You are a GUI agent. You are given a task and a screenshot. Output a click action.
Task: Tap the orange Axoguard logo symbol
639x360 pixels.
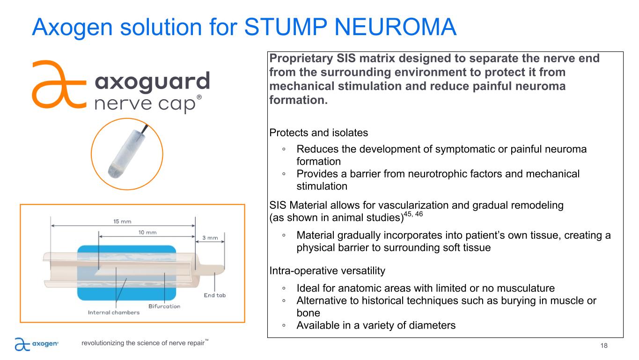pyautogui.click(x=58, y=85)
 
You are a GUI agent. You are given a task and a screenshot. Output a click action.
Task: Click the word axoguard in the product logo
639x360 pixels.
pyautogui.click(x=152, y=83)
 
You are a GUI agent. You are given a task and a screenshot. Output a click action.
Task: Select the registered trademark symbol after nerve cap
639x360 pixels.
pyautogui.click(x=199, y=97)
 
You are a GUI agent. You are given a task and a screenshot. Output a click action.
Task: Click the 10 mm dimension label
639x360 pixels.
pyautogui.click(x=147, y=232)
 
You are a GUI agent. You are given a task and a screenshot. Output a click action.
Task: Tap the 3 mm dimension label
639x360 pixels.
pyautogui.click(x=210, y=238)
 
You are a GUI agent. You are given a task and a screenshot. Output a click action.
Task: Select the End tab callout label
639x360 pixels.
pyautogui.click(x=214, y=295)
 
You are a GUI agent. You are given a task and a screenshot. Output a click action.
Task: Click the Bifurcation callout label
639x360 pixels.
pyautogui.click(x=164, y=306)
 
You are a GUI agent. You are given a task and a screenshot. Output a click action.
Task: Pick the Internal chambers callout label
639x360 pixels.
pyautogui.click(x=114, y=312)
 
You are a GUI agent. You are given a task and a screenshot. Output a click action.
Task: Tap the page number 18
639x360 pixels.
pyautogui.click(x=604, y=345)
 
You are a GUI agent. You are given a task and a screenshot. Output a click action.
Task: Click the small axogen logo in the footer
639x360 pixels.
pyautogui.click(x=37, y=344)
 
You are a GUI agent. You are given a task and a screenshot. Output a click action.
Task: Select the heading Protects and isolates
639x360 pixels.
pyautogui.click(x=319, y=132)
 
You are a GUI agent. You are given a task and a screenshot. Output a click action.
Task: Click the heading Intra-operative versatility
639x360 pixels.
pyautogui.click(x=327, y=270)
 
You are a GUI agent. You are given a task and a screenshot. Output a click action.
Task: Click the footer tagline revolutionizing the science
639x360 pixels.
pyautogui.click(x=143, y=343)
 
